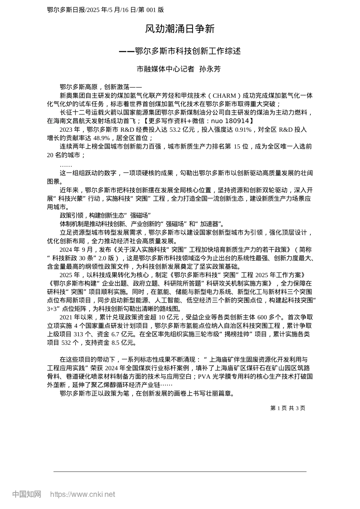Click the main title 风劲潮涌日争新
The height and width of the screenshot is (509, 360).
tap(180, 29)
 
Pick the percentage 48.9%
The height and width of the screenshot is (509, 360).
tap(102, 138)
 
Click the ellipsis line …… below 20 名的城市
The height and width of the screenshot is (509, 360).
tap(66, 165)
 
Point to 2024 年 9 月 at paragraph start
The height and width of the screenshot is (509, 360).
tap(76, 250)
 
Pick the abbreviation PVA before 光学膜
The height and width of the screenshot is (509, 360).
tap(204, 376)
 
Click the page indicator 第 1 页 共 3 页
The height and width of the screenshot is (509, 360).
tap(288, 408)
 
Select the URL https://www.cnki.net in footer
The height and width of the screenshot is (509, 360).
tap(83, 494)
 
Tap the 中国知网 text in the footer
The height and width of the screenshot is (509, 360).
tap(27, 494)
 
